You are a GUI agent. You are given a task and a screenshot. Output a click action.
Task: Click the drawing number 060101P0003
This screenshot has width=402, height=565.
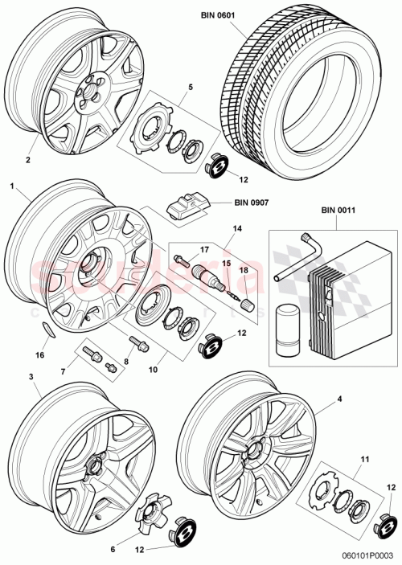(368, 555)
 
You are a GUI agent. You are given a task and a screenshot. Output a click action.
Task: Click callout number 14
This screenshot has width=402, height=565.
(237, 229)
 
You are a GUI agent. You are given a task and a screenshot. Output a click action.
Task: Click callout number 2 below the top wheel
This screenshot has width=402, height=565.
(27, 160)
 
